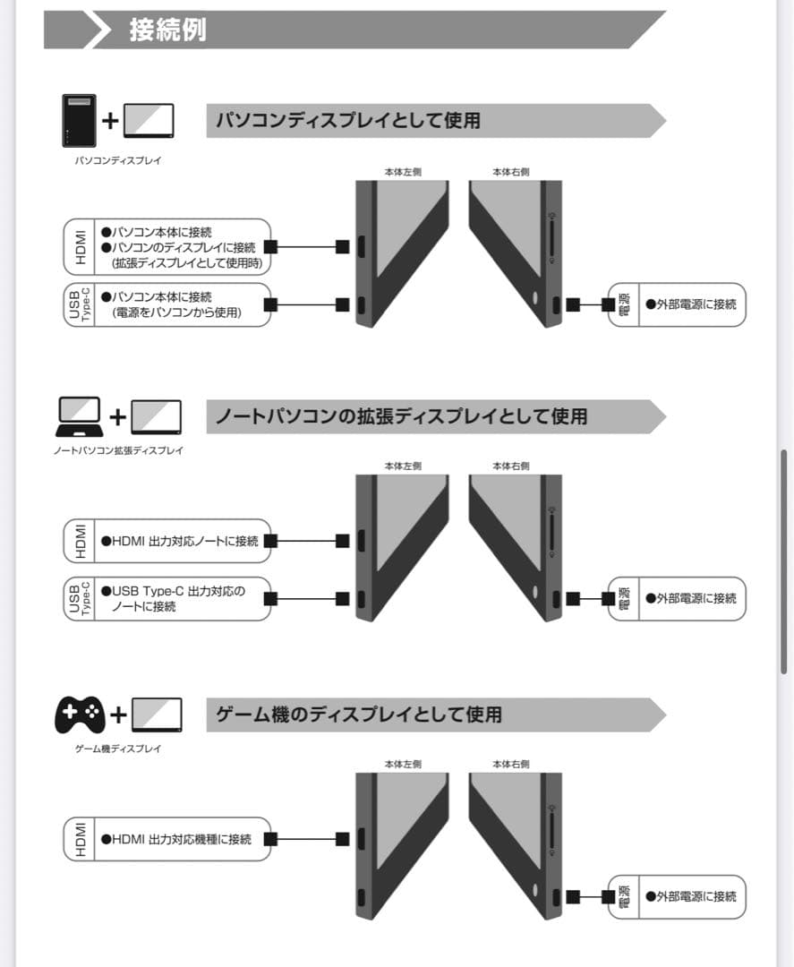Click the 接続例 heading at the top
click(x=167, y=30)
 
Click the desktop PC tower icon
click(x=79, y=120)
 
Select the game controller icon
click(x=80, y=715)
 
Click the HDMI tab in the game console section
click(x=81, y=839)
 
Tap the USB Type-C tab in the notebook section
click(x=81, y=598)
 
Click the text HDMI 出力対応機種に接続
click(x=176, y=839)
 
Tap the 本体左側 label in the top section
click(x=403, y=172)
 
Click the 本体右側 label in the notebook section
click(x=510, y=466)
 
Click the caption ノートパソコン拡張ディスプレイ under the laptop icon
click(x=118, y=450)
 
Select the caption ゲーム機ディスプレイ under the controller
click(x=118, y=748)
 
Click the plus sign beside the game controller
click(x=118, y=715)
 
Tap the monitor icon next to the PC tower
click(x=149, y=120)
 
